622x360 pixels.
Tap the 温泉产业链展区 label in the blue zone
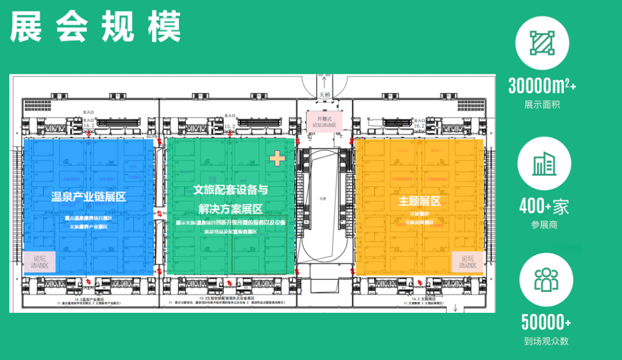coord(89,198)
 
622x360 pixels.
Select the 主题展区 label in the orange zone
coord(419,202)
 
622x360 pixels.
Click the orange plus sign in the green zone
coord(278,158)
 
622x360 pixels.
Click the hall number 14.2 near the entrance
coord(88,124)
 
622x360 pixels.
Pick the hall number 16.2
coord(419,124)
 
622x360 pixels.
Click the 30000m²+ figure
coord(541,86)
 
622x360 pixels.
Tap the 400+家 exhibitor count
coord(544,206)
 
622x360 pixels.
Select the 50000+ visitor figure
coord(546,322)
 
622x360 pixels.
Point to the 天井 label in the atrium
coord(323,199)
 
